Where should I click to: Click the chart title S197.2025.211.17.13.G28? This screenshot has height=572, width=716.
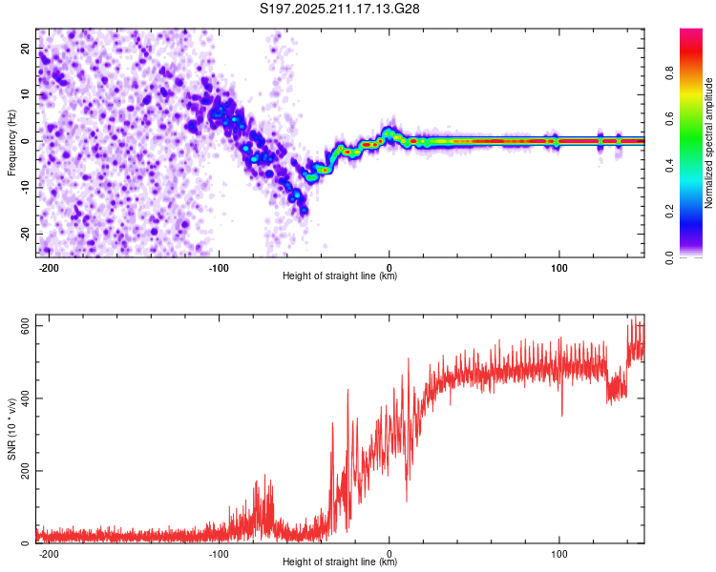click(339, 9)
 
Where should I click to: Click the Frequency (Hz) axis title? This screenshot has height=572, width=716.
click(11, 143)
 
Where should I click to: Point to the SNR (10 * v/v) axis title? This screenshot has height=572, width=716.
click(11, 429)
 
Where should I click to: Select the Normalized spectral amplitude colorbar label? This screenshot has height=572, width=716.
click(708, 143)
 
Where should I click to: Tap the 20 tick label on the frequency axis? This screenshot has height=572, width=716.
click(26, 48)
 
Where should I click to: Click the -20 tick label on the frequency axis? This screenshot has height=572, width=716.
click(26, 234)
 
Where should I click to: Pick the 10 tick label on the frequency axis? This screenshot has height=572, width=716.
click(26, 94)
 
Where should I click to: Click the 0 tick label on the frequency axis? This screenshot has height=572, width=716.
click(26, 141)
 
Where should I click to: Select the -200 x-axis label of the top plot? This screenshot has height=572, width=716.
click(48, 268)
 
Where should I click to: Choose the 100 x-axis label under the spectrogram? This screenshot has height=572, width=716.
click(558, 268)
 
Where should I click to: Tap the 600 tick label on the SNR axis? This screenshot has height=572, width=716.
click(26, 326)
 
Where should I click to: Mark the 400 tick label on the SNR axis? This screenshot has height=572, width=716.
click(26, 398)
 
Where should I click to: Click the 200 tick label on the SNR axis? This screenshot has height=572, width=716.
click(26, 471)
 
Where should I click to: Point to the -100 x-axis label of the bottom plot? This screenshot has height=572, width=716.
click(219, 554)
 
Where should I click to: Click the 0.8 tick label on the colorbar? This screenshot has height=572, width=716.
click(669, 73)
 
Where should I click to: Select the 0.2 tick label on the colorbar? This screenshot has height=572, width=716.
click(669, 212)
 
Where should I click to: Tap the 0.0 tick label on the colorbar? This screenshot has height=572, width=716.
click(669, 257)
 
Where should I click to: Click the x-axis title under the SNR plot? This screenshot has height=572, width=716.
click(340, 562)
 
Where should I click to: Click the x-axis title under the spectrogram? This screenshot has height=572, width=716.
click(340, 276)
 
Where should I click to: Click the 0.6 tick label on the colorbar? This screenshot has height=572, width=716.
click(669, 119)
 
